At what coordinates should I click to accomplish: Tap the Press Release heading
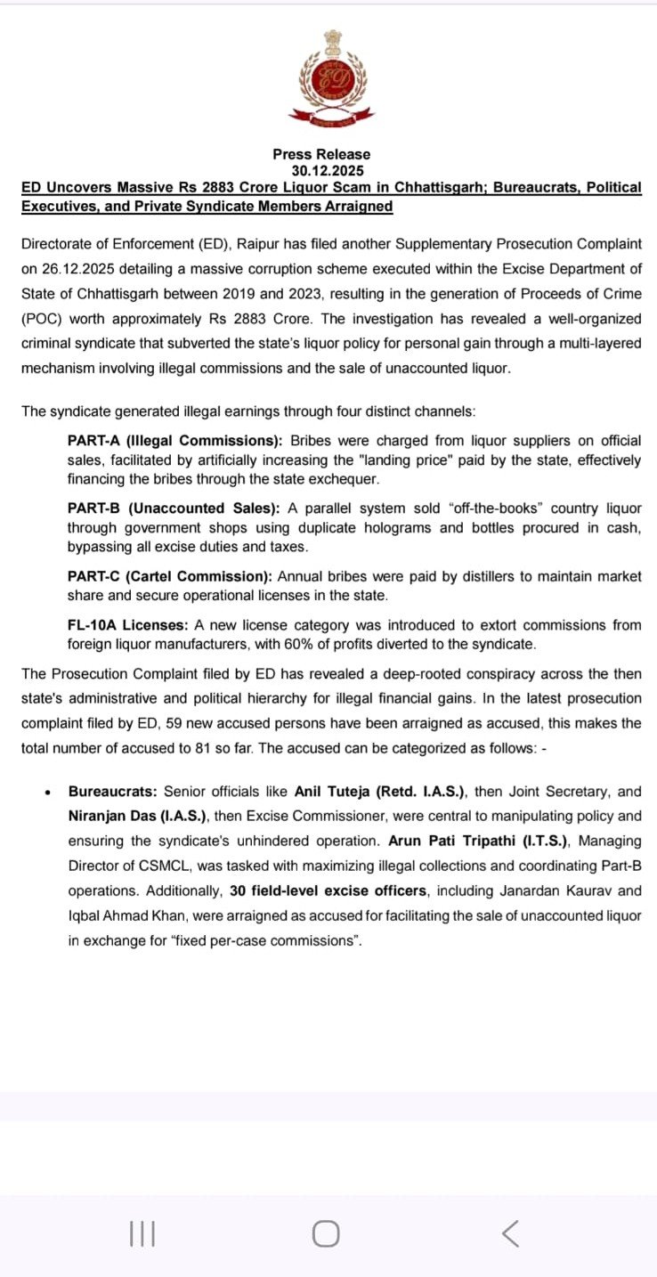321,154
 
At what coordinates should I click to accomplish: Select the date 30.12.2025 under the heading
328,170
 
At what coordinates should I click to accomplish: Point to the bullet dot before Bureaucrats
46,792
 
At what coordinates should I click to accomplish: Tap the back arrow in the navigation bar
510,1233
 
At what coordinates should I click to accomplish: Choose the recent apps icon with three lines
142,1233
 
